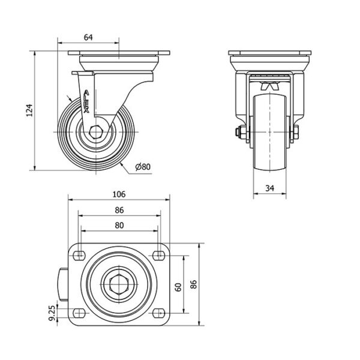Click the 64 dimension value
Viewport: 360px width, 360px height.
[x=88, y=38]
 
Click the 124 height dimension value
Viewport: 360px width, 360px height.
[x=28, y=109]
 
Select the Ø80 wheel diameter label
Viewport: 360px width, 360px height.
[x=143, y=167]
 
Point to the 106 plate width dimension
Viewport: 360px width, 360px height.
[x=119, y=194]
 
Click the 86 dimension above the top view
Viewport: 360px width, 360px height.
[x=119, y=210]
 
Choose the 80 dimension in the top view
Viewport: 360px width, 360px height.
[x=119, y=226]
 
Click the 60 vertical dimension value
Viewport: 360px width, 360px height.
[x=178, y=287]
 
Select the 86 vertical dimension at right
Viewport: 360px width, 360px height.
[x=193, y=285]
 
